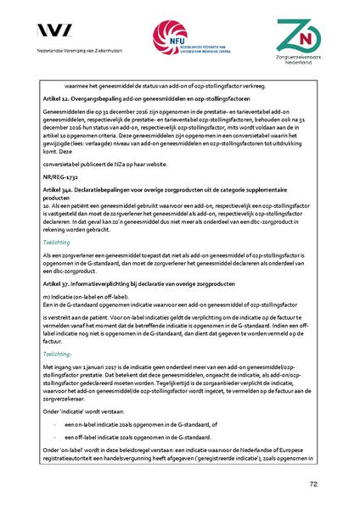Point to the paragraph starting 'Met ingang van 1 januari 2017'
179,380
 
